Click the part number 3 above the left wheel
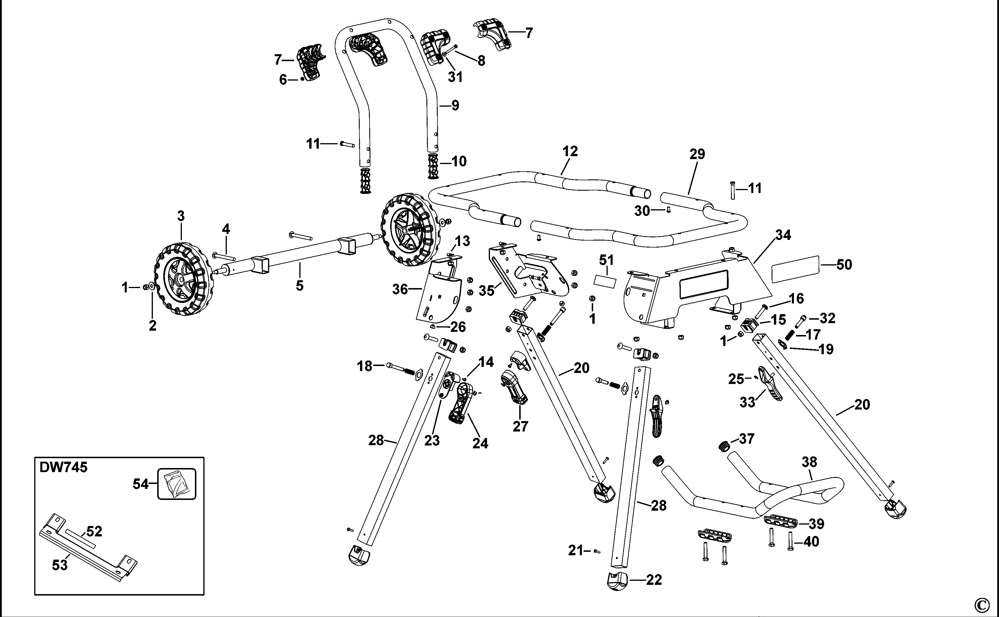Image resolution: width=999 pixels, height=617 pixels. tap(181, 216)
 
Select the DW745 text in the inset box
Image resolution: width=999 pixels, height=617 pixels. tap(63, 467)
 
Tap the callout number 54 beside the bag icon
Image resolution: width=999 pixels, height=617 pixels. tap(141, 484)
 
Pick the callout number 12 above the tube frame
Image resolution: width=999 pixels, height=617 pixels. tap(570, 151)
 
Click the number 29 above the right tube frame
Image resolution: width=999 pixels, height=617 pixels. tap(697, 154)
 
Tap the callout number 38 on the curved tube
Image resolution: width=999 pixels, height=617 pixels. tap(809, 462)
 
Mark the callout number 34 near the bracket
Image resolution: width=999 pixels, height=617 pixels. tap(783, 235)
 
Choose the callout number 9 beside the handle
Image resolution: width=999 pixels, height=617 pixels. tap(455, 106)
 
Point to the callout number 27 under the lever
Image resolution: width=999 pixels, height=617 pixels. tap(520, 426)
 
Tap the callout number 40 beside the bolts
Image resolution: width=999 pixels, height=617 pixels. tap(811, 542)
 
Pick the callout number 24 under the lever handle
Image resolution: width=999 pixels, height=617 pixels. tap(480, 444)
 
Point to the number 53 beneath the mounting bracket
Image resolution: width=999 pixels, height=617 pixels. tap(60, 566)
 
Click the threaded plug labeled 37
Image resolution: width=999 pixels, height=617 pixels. tap(724, 446)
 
